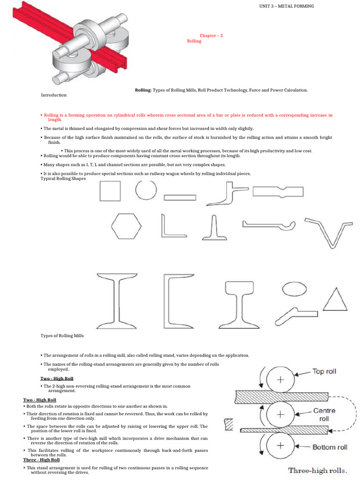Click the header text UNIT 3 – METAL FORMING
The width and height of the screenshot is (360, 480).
click(x=286, y=6)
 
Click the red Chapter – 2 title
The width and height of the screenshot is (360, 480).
click(x=208, y=36)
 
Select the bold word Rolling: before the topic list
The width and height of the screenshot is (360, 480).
click(x=143, y=90)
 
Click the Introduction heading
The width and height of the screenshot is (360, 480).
click(x=54, y=95)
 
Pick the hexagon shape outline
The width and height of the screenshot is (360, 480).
click(x=126, y=226)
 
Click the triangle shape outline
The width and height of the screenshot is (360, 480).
click(x=336, y=299)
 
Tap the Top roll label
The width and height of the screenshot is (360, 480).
click(x=324, y=372)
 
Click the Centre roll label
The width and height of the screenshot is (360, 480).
click(x=324, y=414)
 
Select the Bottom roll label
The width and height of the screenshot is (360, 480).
click(x=330, y=447)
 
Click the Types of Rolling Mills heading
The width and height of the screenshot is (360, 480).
click(x=62, y=336)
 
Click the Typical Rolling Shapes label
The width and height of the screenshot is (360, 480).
click(x=63, y=178)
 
